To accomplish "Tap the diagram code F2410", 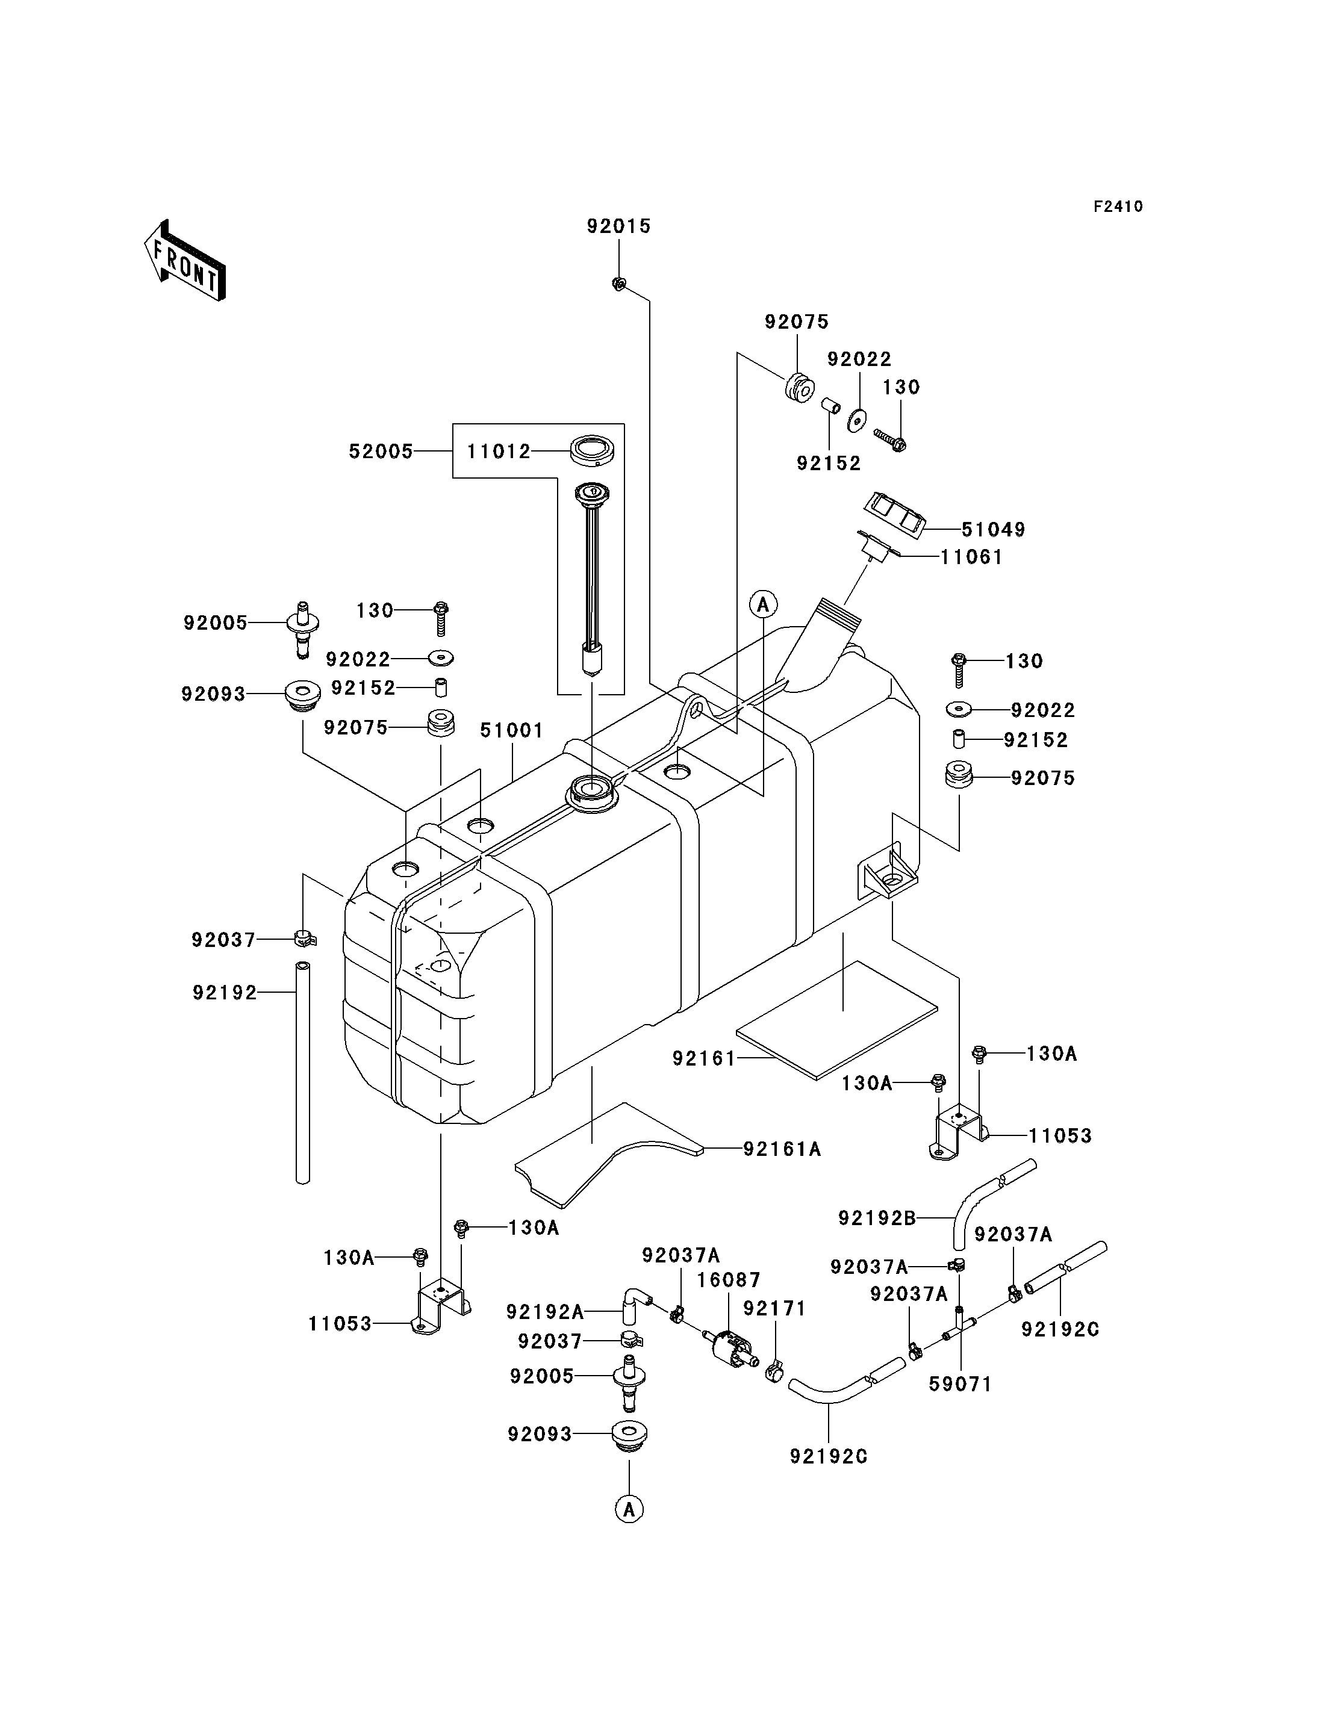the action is coord(1118,206).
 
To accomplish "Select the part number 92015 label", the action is coord(619,226).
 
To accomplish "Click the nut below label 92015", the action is coord(618,284).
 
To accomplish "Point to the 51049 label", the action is coord(993,530).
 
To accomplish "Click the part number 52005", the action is coord(381,452).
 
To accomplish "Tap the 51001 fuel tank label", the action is coord(511,731).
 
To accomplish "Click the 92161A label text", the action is coord(782,1149).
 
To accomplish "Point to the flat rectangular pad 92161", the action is coord(837,1020).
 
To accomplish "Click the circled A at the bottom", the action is coord(629,1509).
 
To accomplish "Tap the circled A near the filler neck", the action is coord(763,604).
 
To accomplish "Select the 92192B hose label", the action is coord(877,1218).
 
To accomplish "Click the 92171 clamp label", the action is coord(774,1308).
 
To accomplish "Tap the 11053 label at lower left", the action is coord(340,1324).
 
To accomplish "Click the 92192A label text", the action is coord(544,1311).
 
